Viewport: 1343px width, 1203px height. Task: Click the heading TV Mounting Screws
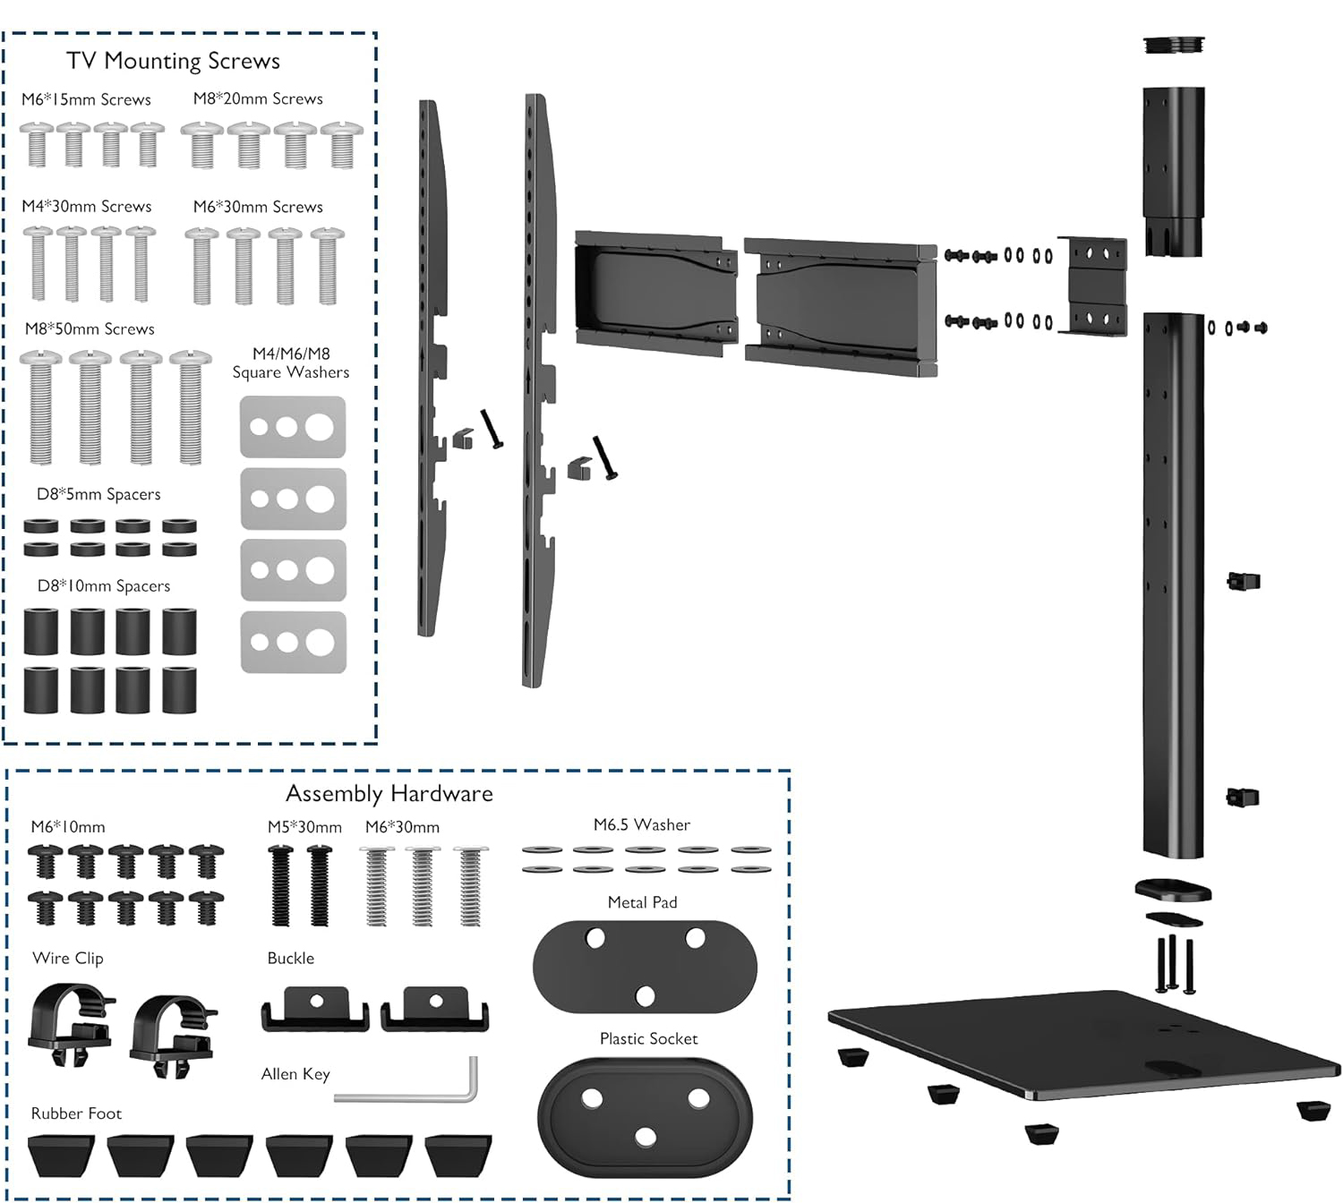(173, 61)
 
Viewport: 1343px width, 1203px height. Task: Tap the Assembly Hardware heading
(389, 794)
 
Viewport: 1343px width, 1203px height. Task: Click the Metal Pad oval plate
(645, 967)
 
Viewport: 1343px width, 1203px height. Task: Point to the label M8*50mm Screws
(90, 329)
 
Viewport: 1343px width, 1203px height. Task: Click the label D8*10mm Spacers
(104, 586)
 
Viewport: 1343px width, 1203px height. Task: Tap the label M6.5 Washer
(642, 825)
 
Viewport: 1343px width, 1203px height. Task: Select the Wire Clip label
(68, 959)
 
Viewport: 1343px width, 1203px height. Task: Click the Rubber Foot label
(76, 1113)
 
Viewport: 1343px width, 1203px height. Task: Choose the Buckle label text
(291, 959)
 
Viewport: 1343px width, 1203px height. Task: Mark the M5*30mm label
(304, 828)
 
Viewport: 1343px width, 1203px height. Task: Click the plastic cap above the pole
(1174, 45)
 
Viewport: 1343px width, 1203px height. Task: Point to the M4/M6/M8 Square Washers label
(291, 363)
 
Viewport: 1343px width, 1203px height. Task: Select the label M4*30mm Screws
(87, 207)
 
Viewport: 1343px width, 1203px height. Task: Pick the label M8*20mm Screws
(258, 99)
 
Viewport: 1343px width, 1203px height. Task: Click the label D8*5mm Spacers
(98, 495)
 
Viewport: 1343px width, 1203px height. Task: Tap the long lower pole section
(1173, 582)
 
